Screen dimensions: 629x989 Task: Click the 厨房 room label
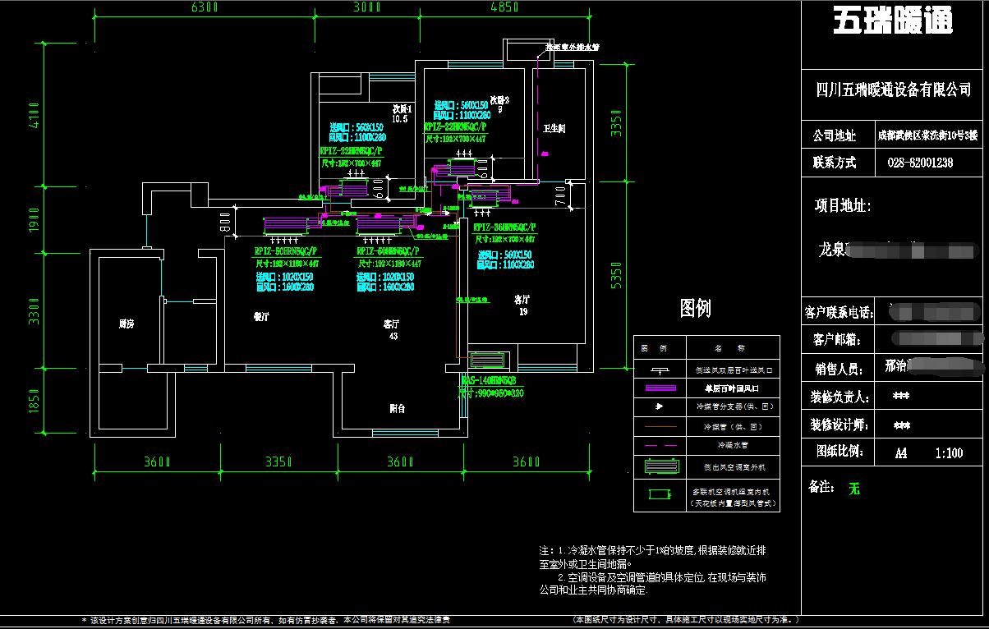pos(126,324)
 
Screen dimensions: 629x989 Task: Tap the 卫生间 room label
pos(554,129)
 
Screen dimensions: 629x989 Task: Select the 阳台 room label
pos(397,408)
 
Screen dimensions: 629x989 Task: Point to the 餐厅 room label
pos(261,316)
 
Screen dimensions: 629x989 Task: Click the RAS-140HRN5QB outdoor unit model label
pos(489,381)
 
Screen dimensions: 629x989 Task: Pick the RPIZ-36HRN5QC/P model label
pos(504,227)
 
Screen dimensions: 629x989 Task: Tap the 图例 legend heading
pos(695,309)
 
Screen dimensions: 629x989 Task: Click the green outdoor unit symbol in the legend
pos(659,466)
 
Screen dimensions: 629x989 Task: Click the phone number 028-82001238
pos(920,163)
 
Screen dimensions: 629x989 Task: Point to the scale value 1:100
pos(949,452)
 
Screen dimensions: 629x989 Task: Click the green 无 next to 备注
pos(854,489)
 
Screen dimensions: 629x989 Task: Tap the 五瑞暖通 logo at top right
pos(893,21)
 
